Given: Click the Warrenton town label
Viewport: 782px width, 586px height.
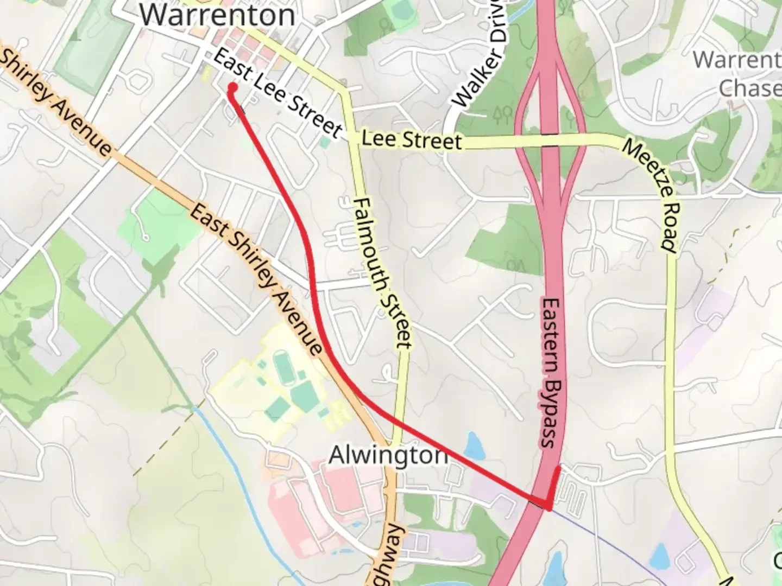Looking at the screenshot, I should [217, 15].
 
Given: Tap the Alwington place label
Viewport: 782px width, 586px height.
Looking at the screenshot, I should [388, 455].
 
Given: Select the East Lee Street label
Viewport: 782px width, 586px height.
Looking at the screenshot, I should [277, 93].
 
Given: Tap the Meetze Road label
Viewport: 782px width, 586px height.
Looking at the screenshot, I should [650, 195].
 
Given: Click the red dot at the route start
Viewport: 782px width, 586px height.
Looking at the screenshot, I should [232, 87].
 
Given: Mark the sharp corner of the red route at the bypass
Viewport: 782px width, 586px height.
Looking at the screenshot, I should [548, 508].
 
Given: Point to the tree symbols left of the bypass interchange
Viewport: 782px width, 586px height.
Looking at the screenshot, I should [503, 113].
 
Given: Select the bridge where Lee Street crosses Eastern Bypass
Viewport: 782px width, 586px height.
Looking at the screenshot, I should [550, 139].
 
